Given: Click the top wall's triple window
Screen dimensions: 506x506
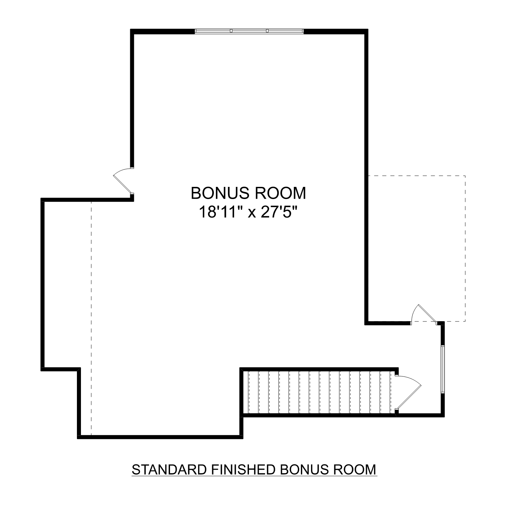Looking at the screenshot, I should (x=249, y=31).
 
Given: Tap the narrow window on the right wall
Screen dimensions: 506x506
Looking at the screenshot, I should (x=443, y=369).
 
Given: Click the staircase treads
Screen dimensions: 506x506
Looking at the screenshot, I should (x=319, y=392).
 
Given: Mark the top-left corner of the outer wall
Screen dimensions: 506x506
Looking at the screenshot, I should (x=133, y=31).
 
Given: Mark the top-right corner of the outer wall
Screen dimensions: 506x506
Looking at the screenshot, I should (x=366, y=31).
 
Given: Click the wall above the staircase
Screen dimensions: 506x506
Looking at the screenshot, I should (x=319, y=369).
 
